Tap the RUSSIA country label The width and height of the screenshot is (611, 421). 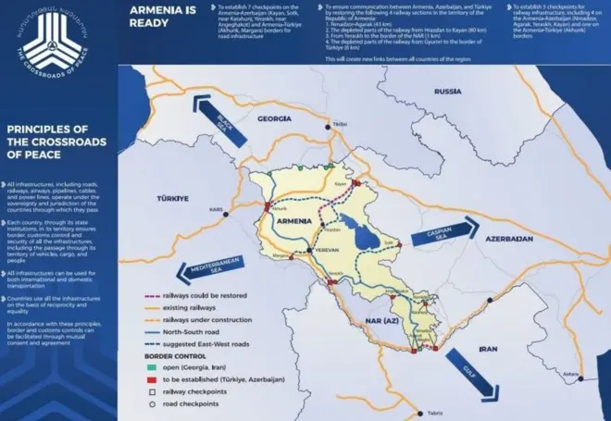[x=447, y=92]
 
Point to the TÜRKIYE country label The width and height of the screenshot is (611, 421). [x=172, y=198]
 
